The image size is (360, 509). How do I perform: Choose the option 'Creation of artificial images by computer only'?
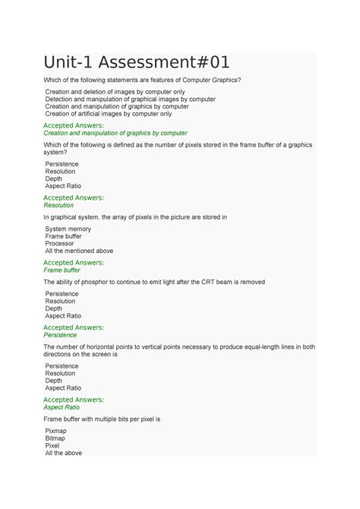tap(108, 114)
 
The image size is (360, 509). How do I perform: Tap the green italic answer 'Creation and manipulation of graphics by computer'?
tap(115, 133)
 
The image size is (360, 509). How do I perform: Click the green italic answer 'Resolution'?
tap(58, 204)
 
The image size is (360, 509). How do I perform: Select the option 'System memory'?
tap(68, 229)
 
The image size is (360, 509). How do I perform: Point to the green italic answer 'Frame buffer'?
tap(62, 270)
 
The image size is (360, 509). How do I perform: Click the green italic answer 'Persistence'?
tap(60, 334)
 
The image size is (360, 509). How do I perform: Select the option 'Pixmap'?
tap(56, 430)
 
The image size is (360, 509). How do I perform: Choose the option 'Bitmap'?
tap(55, 438)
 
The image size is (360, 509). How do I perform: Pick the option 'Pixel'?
tap(52, 445)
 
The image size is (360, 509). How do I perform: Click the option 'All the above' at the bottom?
tap(63, 453)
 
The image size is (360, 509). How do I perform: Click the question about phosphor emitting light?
tap(153, 282)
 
